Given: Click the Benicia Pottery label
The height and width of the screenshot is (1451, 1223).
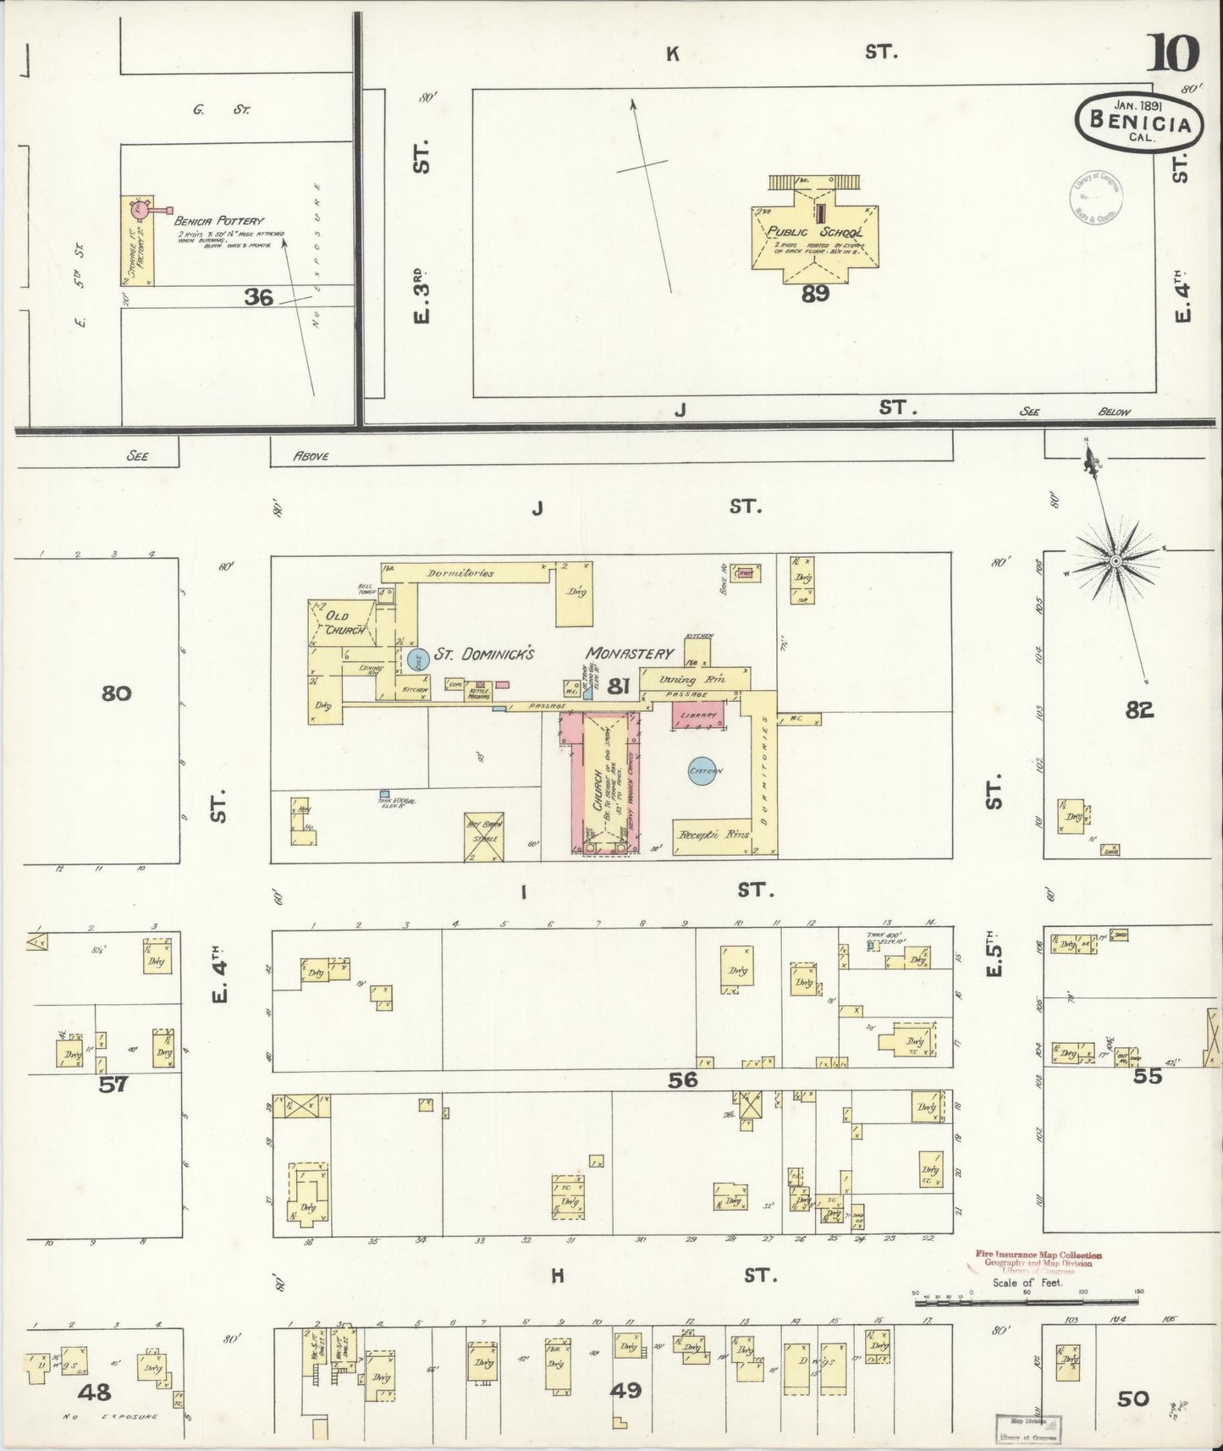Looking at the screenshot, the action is [208, 221].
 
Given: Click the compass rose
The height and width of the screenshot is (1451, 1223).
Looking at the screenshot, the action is [1116, 560].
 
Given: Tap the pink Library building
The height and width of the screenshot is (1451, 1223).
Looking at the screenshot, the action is [699, 715].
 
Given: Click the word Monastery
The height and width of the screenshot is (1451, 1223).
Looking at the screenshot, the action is [631, 654].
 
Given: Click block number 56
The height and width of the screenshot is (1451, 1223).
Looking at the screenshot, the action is [682, 1079].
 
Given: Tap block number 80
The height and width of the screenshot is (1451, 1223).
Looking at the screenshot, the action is [116, 693].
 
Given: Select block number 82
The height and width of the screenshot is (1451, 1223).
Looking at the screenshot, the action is [1139, 710].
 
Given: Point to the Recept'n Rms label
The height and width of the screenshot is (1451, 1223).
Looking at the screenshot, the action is [714, 835].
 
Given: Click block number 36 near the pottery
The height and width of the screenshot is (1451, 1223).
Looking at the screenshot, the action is [258, 296].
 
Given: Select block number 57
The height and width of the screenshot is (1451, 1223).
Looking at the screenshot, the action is [113, 1084].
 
